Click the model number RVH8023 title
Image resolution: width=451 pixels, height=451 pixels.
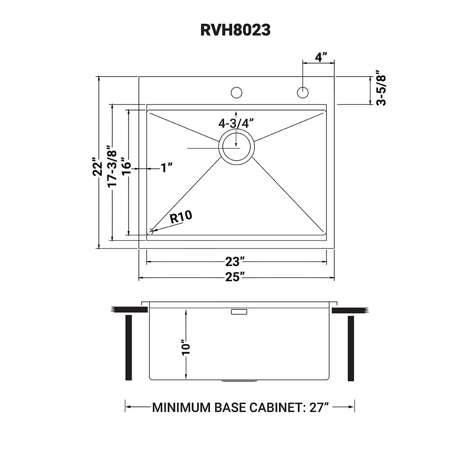click(235, 29)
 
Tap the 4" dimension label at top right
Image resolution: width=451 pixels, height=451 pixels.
click(321, 57)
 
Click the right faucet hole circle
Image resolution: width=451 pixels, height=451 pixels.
click(303, 92)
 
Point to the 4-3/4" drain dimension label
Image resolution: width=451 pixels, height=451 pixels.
click(236, 123)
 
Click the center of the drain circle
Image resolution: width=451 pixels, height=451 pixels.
click(236, 147)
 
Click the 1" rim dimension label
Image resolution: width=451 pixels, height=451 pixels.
click(166, 168)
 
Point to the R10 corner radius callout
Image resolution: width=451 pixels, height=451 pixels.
click(181, 217)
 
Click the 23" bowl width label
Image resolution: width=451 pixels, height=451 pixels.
click(235, 262)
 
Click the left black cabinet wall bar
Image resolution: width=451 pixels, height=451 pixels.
click(129, 348)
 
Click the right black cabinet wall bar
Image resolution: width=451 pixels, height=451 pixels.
click(351, 348)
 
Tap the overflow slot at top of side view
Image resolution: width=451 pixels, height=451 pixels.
click(239, 312)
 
